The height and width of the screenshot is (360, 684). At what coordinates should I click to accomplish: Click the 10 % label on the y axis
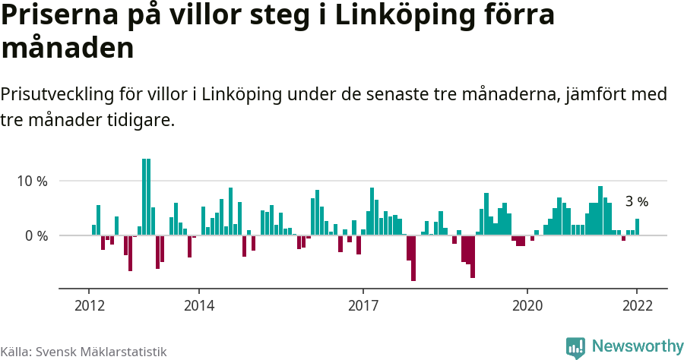33,182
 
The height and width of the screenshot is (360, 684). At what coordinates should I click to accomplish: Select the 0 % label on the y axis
36,235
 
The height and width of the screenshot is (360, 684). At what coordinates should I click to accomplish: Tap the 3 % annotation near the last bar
636,202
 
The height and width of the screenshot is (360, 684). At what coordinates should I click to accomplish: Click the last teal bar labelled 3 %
637,227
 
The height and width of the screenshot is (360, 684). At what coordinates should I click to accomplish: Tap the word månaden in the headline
68,49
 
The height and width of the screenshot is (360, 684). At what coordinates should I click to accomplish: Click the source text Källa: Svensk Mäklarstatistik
83,352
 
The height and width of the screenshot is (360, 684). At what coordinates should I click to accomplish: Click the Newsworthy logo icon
575,347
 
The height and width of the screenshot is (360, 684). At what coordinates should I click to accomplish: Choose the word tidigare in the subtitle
143,120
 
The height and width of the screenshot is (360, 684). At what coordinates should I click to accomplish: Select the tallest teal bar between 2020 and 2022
600,210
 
